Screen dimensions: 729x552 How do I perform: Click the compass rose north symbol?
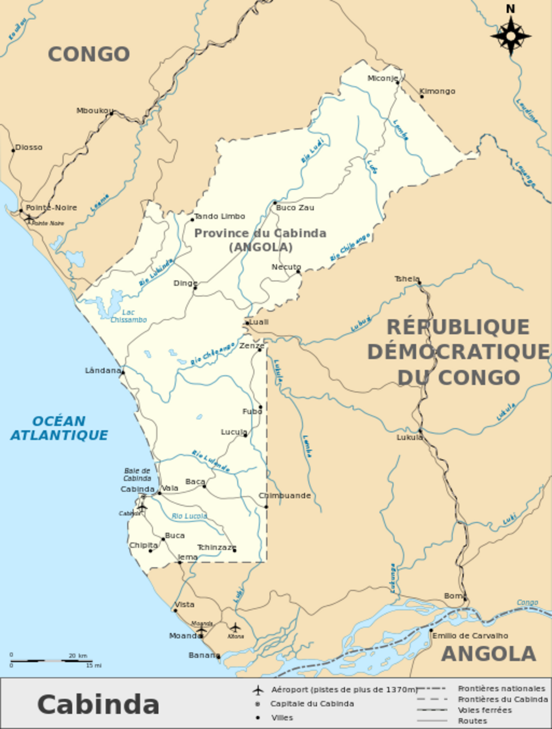pos(510,35)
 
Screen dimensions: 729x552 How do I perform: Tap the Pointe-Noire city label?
pos(51,207)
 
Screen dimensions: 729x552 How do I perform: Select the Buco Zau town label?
pos(295,207)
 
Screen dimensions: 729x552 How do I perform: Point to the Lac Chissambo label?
pos(128,316)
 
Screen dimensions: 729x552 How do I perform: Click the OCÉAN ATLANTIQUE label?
pos(59,428)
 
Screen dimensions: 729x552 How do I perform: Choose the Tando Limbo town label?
pos(220,216)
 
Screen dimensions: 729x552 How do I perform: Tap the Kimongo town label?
pos(437,91)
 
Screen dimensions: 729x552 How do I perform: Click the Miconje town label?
pos(382,78)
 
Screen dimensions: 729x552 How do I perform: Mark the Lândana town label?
pos(103,370)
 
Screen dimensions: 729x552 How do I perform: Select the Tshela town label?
pos(407,279)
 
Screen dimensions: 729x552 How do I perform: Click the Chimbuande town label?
pos(284,496)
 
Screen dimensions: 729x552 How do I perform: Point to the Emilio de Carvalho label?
pos(470,635)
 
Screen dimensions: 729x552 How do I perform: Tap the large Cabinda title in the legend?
pos(98,704)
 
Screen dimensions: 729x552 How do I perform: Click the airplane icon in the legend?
pos(258,690)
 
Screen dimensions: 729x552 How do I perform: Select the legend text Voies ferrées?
pos(484,710)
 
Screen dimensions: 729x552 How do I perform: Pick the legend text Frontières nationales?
pos(501,688)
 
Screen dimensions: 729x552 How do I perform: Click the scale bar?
pos(51,660)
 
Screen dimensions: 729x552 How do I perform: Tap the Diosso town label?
pos(29,147)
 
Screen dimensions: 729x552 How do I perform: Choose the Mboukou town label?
pos(94,110)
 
